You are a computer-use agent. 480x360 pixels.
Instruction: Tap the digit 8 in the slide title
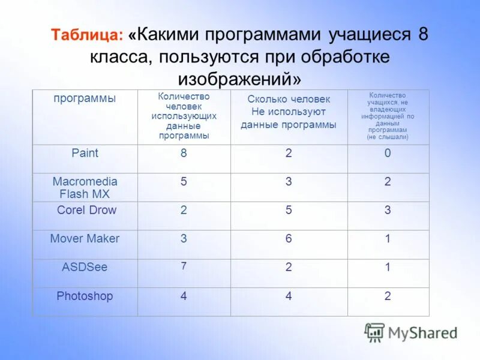[x=423, y=34]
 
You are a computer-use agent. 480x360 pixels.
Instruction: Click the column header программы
[x=85, y=98]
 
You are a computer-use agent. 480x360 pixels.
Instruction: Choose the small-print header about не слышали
[x=388, y=116]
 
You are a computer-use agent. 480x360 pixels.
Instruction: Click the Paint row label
[x=85, y=153]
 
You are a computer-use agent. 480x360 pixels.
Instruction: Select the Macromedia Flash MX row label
[x=85, y=188]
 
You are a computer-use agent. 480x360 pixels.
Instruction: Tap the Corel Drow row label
[x=86, y=210]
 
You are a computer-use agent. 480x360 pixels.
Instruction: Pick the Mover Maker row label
[x=85, y=238]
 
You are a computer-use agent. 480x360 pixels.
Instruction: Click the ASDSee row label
[x=85, y=267]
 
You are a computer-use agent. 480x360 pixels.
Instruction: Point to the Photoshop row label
[x=85, y=296]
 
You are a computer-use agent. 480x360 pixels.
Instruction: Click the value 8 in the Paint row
[x=184, y=153]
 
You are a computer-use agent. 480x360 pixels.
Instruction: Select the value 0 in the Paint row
[x=388, y=153]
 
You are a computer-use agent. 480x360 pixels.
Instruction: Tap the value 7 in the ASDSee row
[x=184, y=266]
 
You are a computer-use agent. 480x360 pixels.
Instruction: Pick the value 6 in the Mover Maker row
[x=289, y=238]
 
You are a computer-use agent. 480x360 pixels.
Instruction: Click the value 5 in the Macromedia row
[x=184, y=181]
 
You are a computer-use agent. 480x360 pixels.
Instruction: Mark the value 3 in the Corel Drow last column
[x=388, y=210]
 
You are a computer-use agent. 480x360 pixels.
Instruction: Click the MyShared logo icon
[x=374, y=332]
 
